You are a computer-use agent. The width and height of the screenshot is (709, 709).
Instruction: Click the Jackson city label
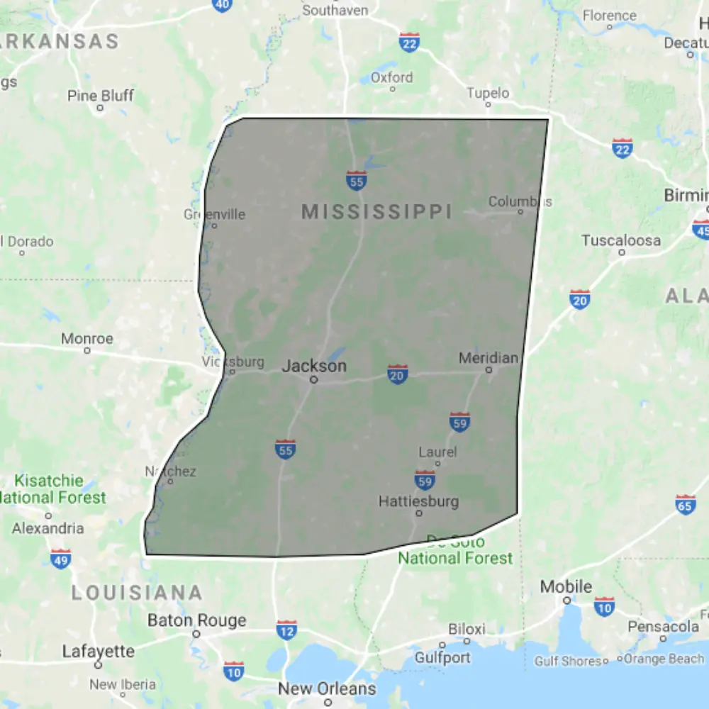pyautogui.click(x=314, y=366)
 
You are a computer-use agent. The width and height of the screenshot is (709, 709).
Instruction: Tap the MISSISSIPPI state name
pyautogui.click(x=376, y=211)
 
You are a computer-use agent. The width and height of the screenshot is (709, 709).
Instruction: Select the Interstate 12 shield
pyautogui.click(x=286, y=629)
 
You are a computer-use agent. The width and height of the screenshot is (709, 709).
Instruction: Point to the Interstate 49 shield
pyautogui.click(x=60, y=558)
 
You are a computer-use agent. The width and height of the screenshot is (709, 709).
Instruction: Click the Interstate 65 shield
pyautogui.click(x=685, y=504)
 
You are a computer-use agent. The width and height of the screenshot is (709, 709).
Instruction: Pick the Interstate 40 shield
pyautogui.click(x=222, y=4)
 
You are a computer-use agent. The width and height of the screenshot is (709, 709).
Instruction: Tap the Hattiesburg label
pyautogui.click(x=418, y=501)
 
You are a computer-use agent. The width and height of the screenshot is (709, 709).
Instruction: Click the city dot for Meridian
pyautogui.click(x=489, y=369)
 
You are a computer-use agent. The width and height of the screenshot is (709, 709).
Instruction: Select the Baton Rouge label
pyautogui.click(x=196, y=620)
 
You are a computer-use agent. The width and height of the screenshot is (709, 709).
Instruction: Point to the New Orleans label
pyautogui.click(x=327, y=688)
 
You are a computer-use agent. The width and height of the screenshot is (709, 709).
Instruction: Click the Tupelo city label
pyautogui.click(x=488, y=93)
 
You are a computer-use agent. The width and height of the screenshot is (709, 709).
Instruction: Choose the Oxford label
pyautogui.click(x=391, y=77)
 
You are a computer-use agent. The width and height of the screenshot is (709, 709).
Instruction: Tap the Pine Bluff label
pyautogui.click(x=100, y=95)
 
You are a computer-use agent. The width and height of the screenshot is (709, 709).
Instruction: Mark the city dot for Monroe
pyautogui.click(x=87, y=350)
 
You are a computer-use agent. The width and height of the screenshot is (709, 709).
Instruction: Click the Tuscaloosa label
pyautogui.click(x=621, y=240)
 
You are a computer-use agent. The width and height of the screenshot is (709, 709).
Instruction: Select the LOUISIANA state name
pyautogui.click(x=137, y=593)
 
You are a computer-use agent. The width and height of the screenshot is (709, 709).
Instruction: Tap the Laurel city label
pyautogui.click(x=437, y=452)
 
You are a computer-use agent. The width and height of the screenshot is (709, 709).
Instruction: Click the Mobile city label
pyautogui.click(x=566, y=586)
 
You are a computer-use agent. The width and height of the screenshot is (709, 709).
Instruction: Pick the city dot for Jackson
pyautogui.click(x=313, y=380)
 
